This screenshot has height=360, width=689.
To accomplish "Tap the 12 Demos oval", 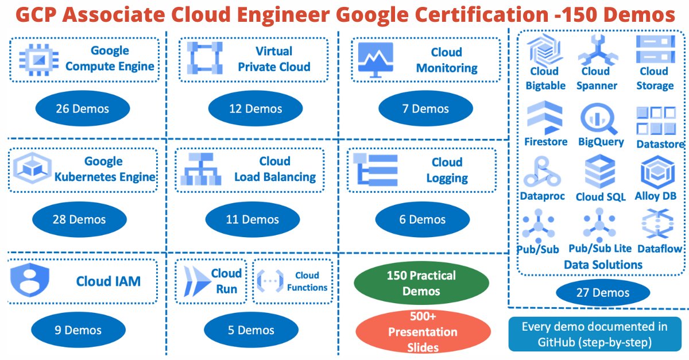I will click(255, 109).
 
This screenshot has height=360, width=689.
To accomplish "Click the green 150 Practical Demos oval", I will click(421, 283).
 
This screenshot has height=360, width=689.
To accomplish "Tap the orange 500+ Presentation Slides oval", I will click(423, 331).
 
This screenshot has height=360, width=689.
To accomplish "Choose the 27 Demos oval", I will click(602, 293).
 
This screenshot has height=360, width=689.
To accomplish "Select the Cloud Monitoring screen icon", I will click(375, 59).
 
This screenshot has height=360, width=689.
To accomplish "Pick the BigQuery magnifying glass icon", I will click(599, 119).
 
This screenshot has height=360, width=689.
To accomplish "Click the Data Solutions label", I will click(603, 265).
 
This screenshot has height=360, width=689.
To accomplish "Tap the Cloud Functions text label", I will click(307, 281).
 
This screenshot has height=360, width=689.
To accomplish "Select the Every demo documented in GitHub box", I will click(594, 335).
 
